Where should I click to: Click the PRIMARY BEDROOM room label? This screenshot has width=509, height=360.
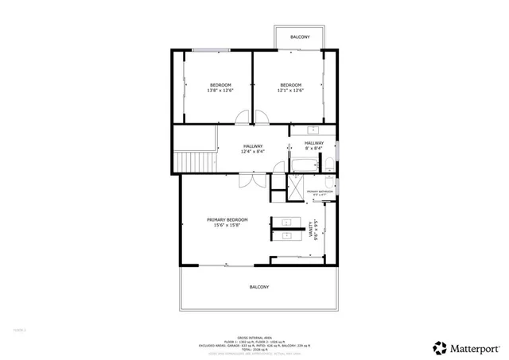pyautogui.click(x=227, y=219)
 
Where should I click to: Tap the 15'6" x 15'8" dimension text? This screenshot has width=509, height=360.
pyautogui.click(x=227, y=226)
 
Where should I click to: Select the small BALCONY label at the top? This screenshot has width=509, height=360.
pyautogui.click(x=299, y=37)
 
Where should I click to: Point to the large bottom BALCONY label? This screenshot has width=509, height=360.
pyautogui.click(x=259, y=287)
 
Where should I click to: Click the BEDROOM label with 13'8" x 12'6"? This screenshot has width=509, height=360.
pyautogui.click(x=220, y=85)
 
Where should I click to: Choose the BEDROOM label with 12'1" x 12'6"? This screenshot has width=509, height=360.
pyautogui.click(x=291, y=85)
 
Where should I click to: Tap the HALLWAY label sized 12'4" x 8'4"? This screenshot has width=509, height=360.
pyautogui.click(x=253, y=146)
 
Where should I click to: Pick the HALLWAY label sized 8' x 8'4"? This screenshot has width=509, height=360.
pyautogui.click(x=313, y=143)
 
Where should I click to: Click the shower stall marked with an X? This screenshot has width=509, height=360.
pyautogui.click(x=295, y=191)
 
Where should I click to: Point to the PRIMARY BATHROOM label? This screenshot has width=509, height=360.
pyautogui.click(x=320, y=192)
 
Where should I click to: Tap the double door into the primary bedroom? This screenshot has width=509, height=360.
pyautogui.click(x=251, y=180)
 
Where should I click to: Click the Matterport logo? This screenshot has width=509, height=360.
pyautogui.click(x=467, y=346)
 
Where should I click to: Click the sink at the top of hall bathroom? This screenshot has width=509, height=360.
pyautogui.click(x=313, y=130)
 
